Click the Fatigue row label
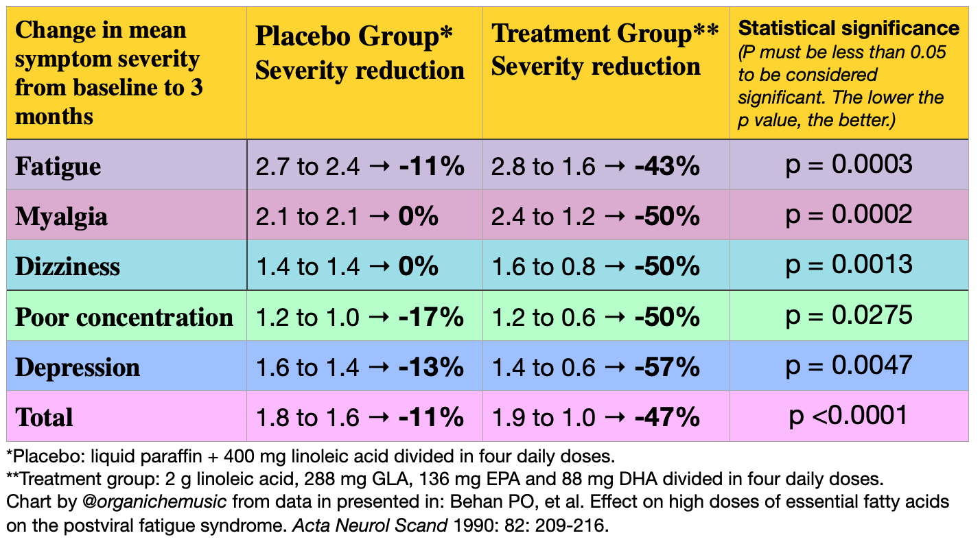pos(58,167)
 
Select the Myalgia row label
pos(62,217)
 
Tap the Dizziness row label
pos(68,266)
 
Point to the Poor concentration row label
pos(124,317)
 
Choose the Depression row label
pos(78,367)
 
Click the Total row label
pos(44,417)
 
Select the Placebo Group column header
pos(354,37)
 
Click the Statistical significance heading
pos(848,28)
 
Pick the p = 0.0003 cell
pos(849,165)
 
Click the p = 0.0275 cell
pos(849,315)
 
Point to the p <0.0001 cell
pos(849,415)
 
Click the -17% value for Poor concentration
pos(432,318)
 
